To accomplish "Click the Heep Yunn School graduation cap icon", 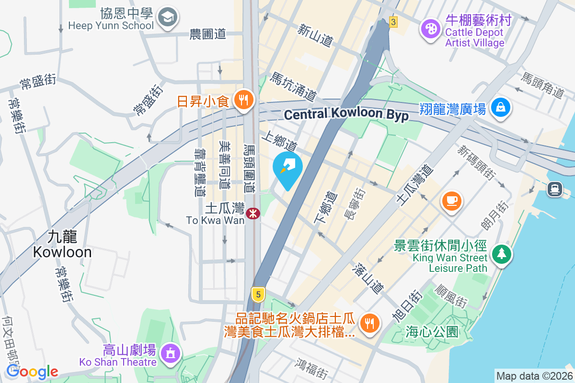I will coord(168,18).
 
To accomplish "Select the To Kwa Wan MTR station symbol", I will coord(253,213).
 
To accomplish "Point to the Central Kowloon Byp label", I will coord(346,114).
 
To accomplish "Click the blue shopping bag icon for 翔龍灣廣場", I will coord(500,108).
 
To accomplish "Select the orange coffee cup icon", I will coord(451,200).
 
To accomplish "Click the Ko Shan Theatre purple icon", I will coord(170,353).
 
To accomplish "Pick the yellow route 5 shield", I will coord(258,294).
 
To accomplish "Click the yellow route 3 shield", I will coord(393,22).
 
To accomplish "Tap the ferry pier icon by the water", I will coord(555,189).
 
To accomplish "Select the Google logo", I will coord(32,372).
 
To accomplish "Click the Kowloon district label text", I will coord(62,244).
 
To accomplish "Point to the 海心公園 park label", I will coord(431,331).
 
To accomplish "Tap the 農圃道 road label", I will coord(207,34).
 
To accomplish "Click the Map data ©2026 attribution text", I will coord(534,376).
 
